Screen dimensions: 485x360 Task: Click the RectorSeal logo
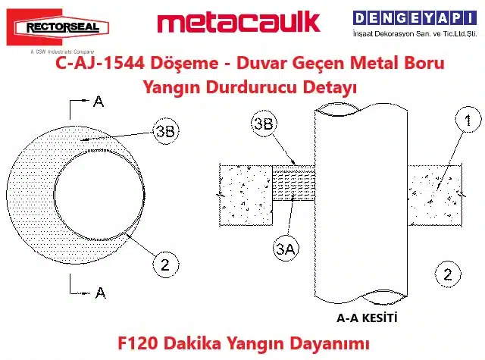click(58, 27)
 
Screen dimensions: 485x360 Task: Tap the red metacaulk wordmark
click(239, 22)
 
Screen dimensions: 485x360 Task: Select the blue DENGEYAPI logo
click(415, 18)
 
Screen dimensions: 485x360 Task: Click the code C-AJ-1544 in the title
click(100, 63)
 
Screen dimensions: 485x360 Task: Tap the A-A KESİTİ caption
click(367, 318)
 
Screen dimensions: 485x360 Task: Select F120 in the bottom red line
click(139, 343)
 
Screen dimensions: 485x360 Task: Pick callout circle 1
click(468, 120)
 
